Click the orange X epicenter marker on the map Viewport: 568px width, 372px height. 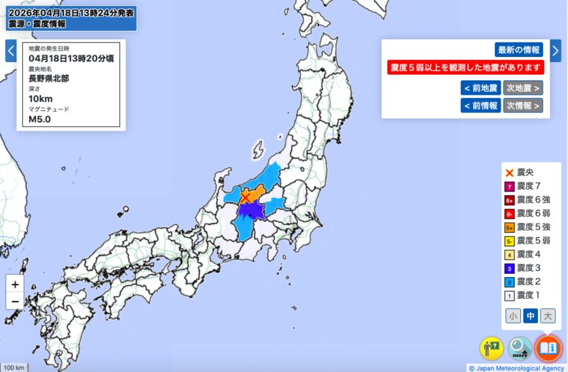245,197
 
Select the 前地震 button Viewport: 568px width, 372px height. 481,88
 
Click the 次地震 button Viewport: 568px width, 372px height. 523,88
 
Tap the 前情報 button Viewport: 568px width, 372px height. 481,105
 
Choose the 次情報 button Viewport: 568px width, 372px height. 523,105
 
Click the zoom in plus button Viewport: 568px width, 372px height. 15,284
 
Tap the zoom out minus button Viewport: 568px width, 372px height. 15,301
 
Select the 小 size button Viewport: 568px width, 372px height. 514,316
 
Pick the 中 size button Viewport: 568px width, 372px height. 531,316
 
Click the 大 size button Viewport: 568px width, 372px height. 548,316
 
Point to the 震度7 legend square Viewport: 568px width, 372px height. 509,186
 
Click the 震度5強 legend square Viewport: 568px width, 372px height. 509,228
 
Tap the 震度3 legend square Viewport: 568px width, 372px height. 509,268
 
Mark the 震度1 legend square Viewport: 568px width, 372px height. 509,296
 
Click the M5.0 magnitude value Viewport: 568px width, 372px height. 39,120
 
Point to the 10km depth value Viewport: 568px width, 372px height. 40,99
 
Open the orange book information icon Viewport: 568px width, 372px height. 548,348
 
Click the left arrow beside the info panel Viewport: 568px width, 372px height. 10,50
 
